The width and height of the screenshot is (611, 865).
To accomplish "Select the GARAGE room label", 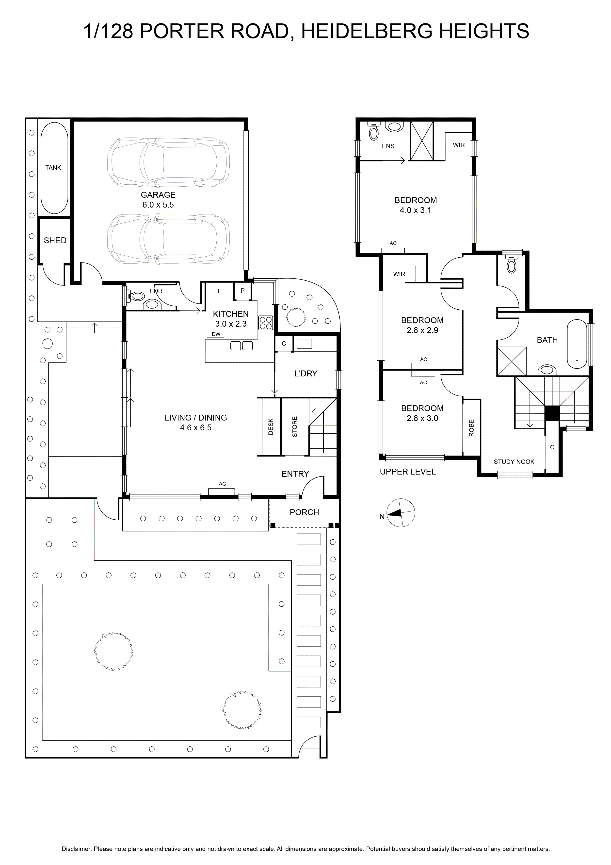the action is (158, 195).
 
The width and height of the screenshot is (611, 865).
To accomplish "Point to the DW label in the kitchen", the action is (216, 334).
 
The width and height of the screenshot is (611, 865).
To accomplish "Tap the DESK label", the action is (271, 427).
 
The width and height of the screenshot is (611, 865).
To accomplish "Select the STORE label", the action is (295, 427).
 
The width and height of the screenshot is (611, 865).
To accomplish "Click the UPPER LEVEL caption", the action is (408, 472).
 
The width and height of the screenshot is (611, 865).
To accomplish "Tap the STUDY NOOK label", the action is (514, 462).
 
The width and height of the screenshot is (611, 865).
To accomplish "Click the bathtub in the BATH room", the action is (577, 344).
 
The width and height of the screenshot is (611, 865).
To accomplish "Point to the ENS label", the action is (388, 146).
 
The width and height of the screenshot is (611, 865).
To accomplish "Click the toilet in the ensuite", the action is (374, 131).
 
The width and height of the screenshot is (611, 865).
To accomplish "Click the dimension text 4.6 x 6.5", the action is (196, 428).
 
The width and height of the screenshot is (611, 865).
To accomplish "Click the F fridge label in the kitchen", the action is (219, 291).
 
